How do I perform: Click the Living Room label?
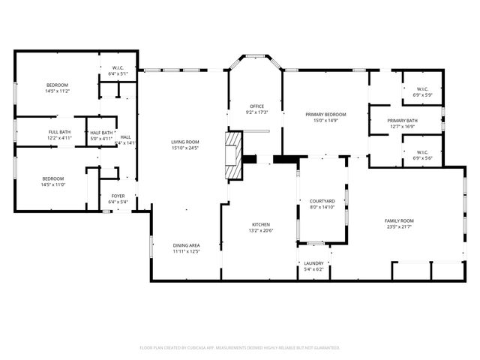[184, 142]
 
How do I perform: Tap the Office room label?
[257, 106]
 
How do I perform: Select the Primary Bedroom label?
[326, 114]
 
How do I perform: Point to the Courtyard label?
[322, 201]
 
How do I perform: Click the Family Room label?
[399, 220]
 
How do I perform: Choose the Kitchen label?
[260, 224]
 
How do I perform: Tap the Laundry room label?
[313, 263]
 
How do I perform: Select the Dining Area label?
[186, 245]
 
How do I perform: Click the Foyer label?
[118, 196]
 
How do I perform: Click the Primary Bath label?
[403, 121]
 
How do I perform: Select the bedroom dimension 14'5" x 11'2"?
[58, 91]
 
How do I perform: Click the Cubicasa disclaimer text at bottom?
[240, 348]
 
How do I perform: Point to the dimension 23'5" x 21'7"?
[399, 226]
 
